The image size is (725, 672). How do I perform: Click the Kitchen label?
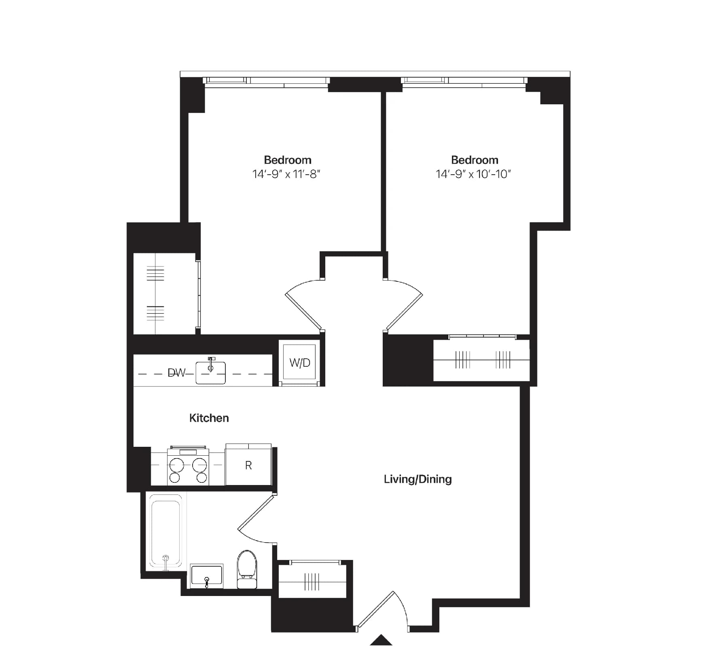209,418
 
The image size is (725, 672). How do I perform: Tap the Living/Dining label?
418,479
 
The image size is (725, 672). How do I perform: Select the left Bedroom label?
288,160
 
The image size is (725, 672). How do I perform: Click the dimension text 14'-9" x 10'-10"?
473,174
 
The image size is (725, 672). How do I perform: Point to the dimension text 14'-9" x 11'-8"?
286,174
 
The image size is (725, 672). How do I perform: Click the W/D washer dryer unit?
299,363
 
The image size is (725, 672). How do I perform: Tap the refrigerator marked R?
248,465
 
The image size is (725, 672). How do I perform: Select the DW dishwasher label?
176,373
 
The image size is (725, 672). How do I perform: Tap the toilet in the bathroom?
247,568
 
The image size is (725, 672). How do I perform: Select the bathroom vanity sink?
206,576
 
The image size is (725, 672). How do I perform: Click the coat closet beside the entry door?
312,581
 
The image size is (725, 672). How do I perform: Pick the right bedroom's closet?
481,360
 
